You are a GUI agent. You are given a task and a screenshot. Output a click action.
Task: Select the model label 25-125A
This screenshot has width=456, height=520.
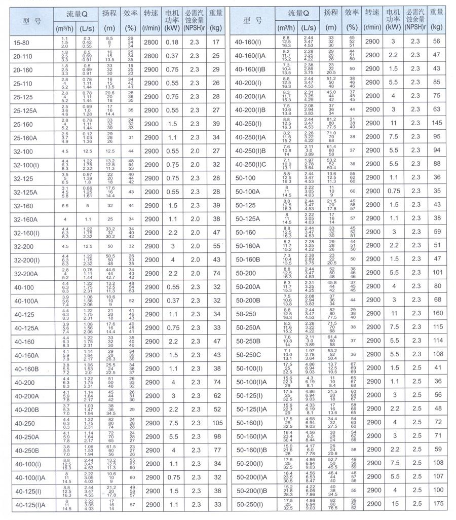coord(25,110)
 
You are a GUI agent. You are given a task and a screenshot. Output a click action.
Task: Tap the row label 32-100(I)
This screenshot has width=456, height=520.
coord(26,165)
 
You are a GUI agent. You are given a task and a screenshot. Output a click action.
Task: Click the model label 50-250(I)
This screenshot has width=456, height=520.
coord(252,504)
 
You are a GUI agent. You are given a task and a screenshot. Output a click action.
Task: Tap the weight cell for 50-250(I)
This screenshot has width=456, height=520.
coord(437,504)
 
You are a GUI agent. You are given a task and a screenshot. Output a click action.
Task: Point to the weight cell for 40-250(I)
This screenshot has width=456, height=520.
coord(437,123)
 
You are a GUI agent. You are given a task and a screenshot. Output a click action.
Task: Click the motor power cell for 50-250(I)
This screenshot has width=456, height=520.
coord(393,504)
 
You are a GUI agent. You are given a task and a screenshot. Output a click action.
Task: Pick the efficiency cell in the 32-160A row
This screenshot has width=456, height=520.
coord(131,219)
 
